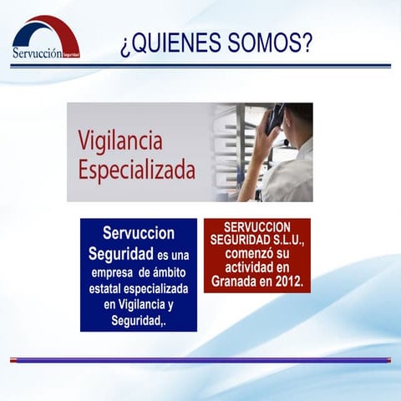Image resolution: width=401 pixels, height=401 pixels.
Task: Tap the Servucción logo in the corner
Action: coord(46,39)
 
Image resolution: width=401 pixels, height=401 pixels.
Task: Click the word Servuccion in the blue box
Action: coord(139,231)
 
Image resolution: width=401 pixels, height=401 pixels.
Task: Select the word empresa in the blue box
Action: coord(113,272)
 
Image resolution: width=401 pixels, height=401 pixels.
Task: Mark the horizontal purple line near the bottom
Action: coord(200,360)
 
